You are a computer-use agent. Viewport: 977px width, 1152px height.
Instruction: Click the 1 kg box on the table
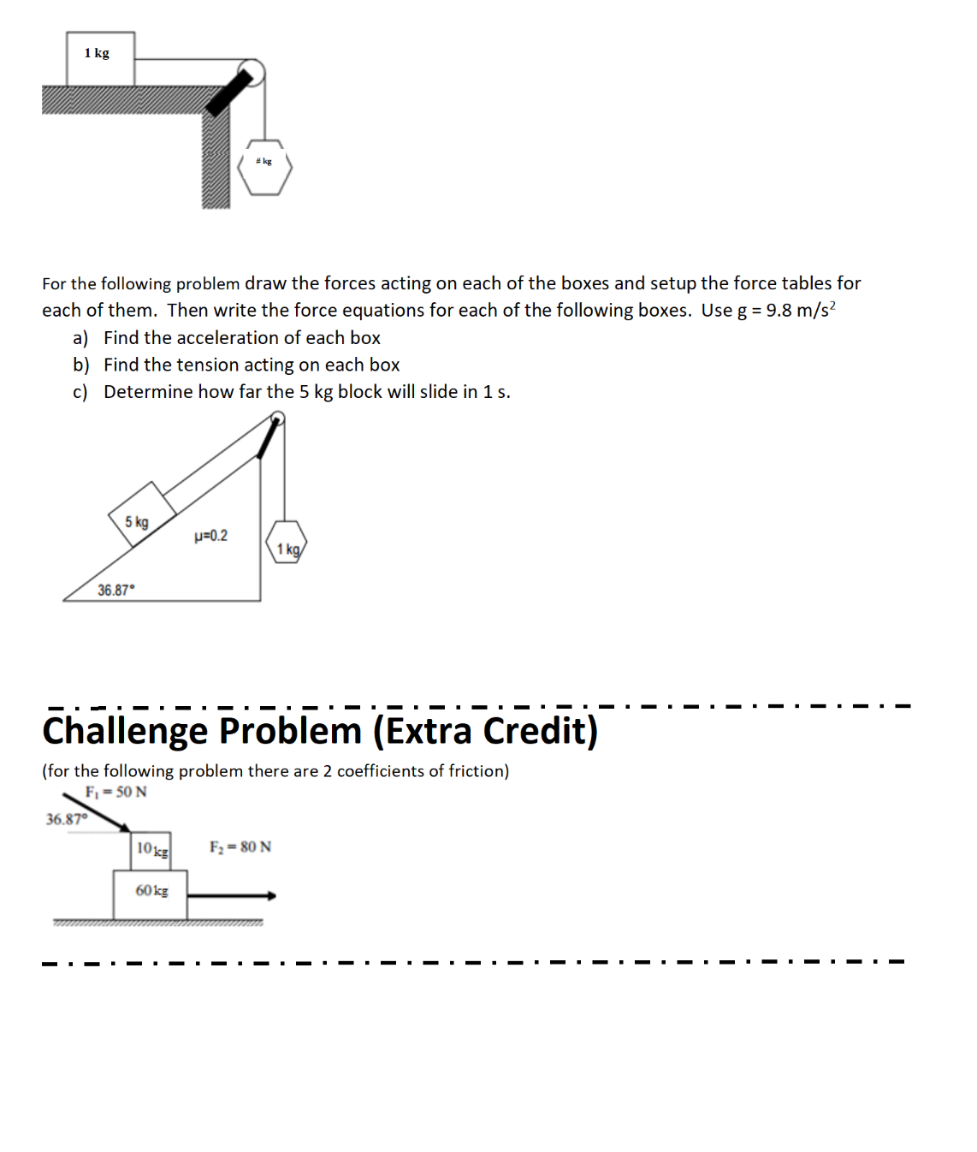[x=100, y=58]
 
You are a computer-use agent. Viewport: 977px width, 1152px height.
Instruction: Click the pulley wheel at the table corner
[x=252, y=73]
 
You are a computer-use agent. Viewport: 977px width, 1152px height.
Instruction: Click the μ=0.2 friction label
[x=211, y=536]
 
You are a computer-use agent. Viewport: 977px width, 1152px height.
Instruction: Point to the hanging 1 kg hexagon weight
[x=287, y=543]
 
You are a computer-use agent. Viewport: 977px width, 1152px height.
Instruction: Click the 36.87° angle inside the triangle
[x=115, y=590]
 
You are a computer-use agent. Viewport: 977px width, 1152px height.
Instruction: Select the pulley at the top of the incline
[x=277, y=419]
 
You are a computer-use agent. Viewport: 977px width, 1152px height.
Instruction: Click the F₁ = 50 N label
[x=115, y=792]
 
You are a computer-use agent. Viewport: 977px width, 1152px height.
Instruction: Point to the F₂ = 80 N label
[x=240, y=846]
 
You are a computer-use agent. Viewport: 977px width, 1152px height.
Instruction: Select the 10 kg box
[x=152, y=850]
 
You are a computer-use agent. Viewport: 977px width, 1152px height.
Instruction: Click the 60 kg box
[x=151, y=894]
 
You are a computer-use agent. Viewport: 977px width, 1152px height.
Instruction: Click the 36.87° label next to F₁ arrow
[x=67, y=819]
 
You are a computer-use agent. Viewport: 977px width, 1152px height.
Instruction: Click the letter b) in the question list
[x=81, y=365]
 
